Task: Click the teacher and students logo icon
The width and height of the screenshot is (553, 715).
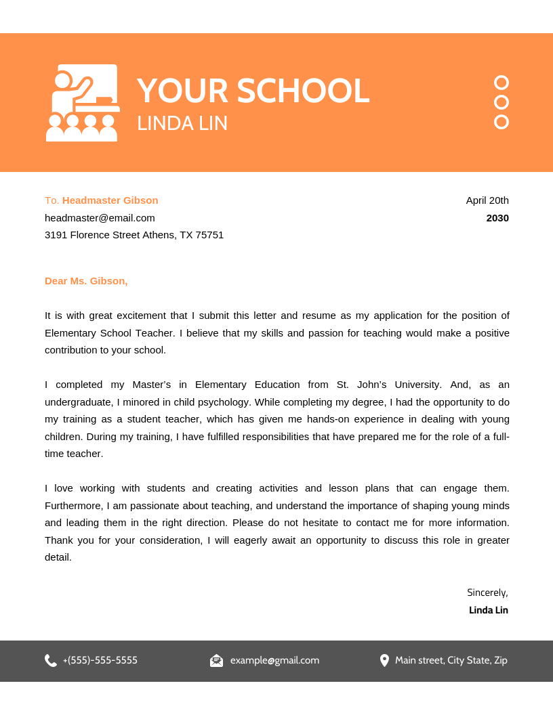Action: (x=83, y=103)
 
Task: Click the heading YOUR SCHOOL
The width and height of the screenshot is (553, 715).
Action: (x=253, y=91)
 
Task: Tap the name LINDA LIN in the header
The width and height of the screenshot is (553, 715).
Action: (x=182, y=123)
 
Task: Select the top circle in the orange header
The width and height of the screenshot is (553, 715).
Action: (x=501, y=83)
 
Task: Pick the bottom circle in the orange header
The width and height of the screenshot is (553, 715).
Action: (x=501, y=122)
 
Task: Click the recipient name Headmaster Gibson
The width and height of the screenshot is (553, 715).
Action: (x=110, y=200)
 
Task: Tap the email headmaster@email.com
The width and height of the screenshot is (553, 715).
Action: (x=100, y=218)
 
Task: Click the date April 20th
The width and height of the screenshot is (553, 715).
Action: (x=487, y=200)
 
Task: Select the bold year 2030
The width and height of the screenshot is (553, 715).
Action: (x=497, y=218)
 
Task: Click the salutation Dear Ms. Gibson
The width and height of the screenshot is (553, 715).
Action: (x=86, y=281)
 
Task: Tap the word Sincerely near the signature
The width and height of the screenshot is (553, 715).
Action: (x=487, y=592)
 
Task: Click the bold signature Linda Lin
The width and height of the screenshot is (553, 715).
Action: (x=488, y=610)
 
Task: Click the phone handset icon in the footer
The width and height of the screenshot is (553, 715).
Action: (x=51, y=660)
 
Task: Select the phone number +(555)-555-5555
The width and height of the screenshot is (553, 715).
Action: (x=100, y=660)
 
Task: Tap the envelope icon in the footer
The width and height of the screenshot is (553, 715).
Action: (x=216, y=660)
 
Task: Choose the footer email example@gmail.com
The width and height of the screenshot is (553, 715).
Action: (x=274, y=660)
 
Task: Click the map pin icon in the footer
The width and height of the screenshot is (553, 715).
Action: (x=384, y=660)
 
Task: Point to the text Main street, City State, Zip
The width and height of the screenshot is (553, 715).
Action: (x=451, y=660)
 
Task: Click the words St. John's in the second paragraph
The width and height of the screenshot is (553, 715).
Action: (x=361, y=385)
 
